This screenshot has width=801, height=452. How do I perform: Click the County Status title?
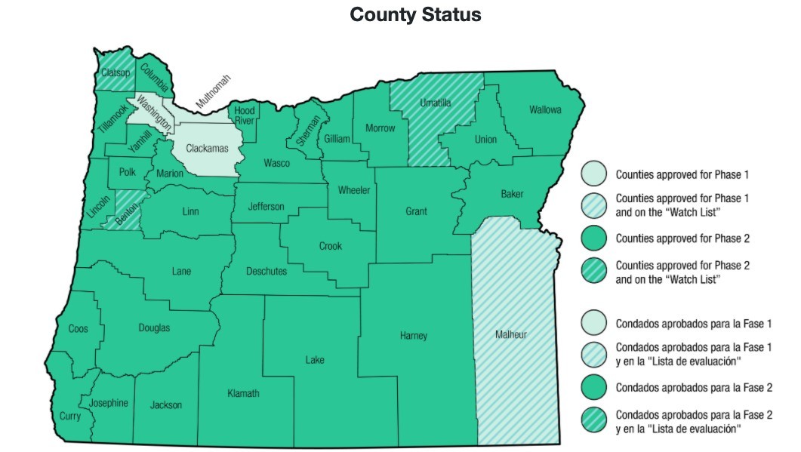(415, 15)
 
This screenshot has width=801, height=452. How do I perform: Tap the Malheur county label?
(511, 334)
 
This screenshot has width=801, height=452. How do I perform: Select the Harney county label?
(414, 335)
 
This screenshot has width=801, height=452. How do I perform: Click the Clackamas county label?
(207, 149)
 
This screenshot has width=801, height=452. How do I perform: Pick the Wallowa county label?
(545, 110)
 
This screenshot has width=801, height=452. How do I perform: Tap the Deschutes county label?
(266, 271)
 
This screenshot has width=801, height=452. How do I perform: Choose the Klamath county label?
(243, 393)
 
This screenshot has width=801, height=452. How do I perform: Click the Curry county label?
(69, 416)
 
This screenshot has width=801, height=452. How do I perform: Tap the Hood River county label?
(244, 115)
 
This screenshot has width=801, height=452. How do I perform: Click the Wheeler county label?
(353, 190)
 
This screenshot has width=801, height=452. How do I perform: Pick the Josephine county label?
(109, 403)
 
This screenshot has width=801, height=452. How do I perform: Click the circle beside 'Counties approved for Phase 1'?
(594, 174)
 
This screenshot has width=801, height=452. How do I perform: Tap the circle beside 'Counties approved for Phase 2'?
(594, 238)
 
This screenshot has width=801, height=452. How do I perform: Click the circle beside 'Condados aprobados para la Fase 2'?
(594, 387)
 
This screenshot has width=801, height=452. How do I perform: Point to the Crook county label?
(330, 246)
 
